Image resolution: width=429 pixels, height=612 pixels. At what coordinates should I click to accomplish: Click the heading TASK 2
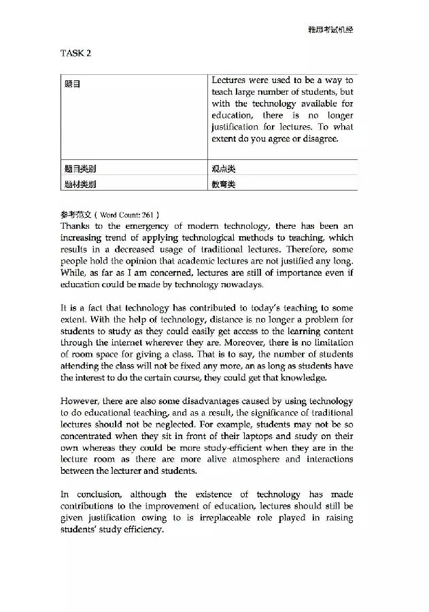tap(75, 53)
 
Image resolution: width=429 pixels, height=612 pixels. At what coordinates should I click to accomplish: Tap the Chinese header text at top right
tap(331, 29)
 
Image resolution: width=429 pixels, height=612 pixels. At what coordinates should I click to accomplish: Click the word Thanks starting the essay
tap(75, 225)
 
